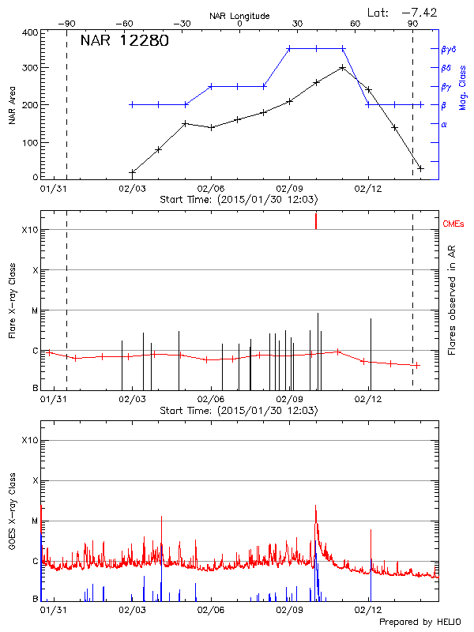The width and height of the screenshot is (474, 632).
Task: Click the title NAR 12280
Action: [x=124, y=41]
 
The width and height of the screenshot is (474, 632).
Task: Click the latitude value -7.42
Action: [x=419, y=12]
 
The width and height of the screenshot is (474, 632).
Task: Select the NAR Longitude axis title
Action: [x=239, y=15]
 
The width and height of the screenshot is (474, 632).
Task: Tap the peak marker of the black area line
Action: [x=341, y=67]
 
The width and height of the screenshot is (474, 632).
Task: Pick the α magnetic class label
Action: [x=444, y=124]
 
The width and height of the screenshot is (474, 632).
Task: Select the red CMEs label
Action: [x=454, y=224]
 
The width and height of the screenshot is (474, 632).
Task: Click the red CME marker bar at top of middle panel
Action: [x=316, y=220]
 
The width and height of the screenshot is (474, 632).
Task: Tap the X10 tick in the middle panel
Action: [x=29, y=230]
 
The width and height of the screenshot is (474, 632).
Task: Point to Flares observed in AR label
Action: [x=452, y=299]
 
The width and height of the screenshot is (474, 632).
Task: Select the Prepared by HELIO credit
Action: [x=419, y=623]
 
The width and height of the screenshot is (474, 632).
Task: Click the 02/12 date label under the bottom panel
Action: [x=369, y=610]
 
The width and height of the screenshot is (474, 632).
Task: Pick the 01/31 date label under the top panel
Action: [x=53, y=189]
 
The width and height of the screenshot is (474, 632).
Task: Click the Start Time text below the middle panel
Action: [x=239, y=411]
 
